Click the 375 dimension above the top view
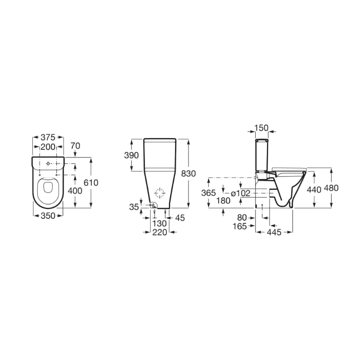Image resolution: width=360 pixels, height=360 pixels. coord(48,137)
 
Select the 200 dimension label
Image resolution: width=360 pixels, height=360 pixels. coord(48,147)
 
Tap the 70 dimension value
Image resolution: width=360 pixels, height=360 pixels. coord(75,146)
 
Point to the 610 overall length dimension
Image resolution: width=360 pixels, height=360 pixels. coord(91,183)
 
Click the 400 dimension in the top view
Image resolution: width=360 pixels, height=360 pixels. coord(75,191)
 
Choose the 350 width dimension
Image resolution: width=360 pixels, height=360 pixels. coord(48,216)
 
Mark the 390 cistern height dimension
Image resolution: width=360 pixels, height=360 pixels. coord(131,155)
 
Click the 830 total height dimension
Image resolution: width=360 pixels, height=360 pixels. coord(189,174)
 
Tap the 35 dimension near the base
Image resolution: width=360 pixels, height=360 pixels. coord(134,207)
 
